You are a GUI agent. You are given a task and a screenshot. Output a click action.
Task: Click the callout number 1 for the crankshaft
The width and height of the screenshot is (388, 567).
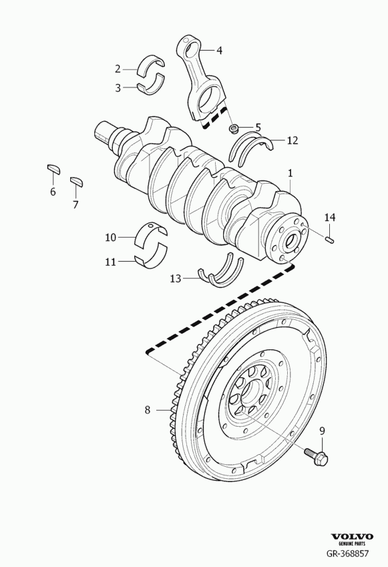point(290,173)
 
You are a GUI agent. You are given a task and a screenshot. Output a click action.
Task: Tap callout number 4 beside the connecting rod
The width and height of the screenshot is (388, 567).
point(219,50)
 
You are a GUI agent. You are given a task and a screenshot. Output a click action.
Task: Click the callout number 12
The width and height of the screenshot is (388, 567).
point(292,141)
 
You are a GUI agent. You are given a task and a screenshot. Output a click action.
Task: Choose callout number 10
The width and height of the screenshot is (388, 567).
point(110,236)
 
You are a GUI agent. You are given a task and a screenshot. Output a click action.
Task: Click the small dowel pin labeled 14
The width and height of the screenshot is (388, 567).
point(330,239)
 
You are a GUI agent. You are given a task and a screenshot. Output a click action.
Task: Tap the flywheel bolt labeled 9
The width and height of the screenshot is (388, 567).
point(316,457)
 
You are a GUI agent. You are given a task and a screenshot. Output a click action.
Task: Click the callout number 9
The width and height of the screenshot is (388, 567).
point(322,431)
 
